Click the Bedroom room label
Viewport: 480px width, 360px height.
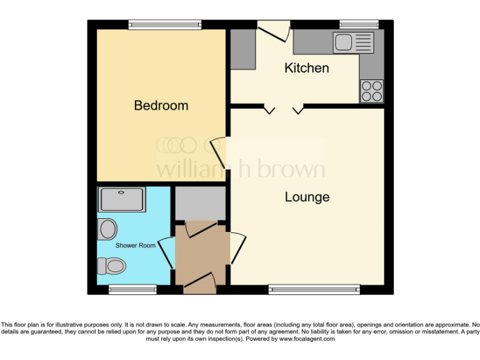(161, 106)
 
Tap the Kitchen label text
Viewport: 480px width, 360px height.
(306, 67)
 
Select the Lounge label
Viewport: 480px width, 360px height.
(307, 197)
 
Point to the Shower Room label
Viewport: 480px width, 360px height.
(135, 246)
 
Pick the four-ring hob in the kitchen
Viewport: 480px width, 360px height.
(371, 91)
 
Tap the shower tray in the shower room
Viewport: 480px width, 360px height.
(122, 199)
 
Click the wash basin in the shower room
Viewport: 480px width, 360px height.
(107, 228)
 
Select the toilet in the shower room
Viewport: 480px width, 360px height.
(111, 266)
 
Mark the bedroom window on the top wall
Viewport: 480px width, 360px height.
(165, 25)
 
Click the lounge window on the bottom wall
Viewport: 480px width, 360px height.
(314, 289)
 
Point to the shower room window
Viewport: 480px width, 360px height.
(132, 289)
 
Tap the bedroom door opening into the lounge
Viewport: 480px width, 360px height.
(219, 152)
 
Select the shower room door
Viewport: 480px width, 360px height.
(167, 253)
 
